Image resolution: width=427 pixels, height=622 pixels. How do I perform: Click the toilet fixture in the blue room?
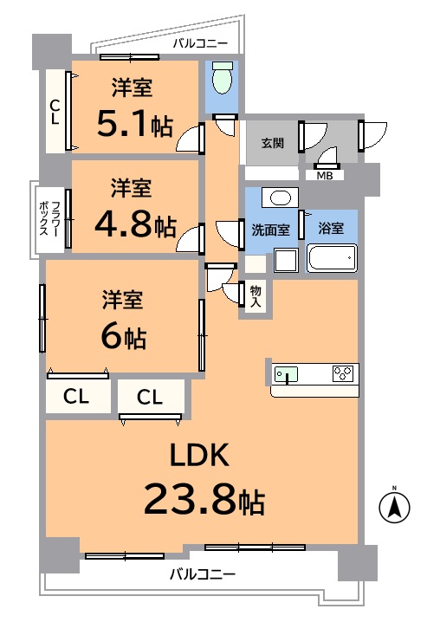(222, 77)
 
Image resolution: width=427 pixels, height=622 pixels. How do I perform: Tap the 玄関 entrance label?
(273, 143)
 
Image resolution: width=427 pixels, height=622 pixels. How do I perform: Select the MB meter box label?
(324, 175)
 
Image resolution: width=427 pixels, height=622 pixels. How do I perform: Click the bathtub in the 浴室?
(332, 258)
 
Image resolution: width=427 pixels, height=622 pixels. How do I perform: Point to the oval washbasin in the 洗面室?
(280, 198)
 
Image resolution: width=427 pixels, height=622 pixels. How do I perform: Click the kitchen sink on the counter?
(286, 374)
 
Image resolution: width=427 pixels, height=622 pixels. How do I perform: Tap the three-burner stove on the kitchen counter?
(343, 373)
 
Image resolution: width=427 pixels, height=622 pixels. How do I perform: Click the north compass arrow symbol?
(394, 507)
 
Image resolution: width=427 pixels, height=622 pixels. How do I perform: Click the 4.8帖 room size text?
(135, 224)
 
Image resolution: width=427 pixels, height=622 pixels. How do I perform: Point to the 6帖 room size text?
(124, 337)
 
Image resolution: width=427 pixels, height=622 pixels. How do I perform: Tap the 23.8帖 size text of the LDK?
(204, 499)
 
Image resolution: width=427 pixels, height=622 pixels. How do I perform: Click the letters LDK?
(199, 455)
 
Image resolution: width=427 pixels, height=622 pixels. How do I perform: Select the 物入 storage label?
(256, 296)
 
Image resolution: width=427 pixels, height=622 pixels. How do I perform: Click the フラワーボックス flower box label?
(49, 218)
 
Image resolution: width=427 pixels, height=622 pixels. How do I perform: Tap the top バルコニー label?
(200, 43)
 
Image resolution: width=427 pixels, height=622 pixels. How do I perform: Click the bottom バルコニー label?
(203, 573)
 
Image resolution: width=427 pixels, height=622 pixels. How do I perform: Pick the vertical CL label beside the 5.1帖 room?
(55, 112)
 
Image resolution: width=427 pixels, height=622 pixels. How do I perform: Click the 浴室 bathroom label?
(331, 228)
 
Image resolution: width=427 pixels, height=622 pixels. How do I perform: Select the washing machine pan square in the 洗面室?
(286, 260)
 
